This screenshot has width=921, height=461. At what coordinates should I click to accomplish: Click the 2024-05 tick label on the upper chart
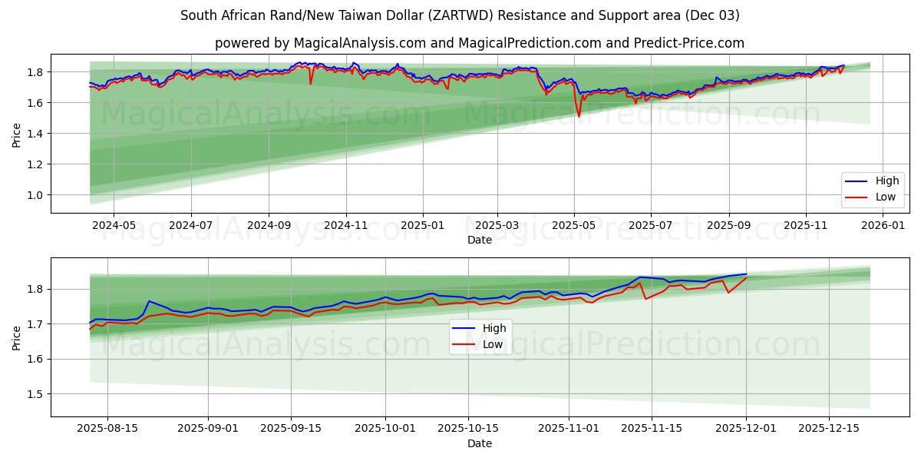(114, 226)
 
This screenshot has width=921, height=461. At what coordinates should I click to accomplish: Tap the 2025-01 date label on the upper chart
(423, 226)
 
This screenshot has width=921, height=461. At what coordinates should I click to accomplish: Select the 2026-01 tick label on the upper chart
(884, 226)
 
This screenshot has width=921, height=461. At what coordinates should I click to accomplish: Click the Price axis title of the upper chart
(17, 134)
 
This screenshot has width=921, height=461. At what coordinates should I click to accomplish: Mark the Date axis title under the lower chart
(480, 443)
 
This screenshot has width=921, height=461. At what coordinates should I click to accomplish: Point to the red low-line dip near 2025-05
(579, 116)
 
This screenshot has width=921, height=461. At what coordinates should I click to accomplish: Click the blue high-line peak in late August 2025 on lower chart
(149, 301)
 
